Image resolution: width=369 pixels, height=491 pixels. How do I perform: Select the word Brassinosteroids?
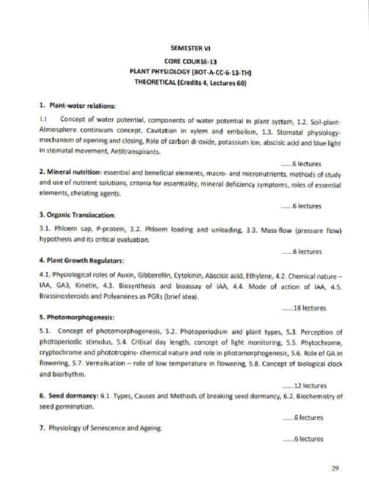(x=64, y=297)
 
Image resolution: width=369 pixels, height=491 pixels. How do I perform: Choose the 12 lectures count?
(x=304, y=385)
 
